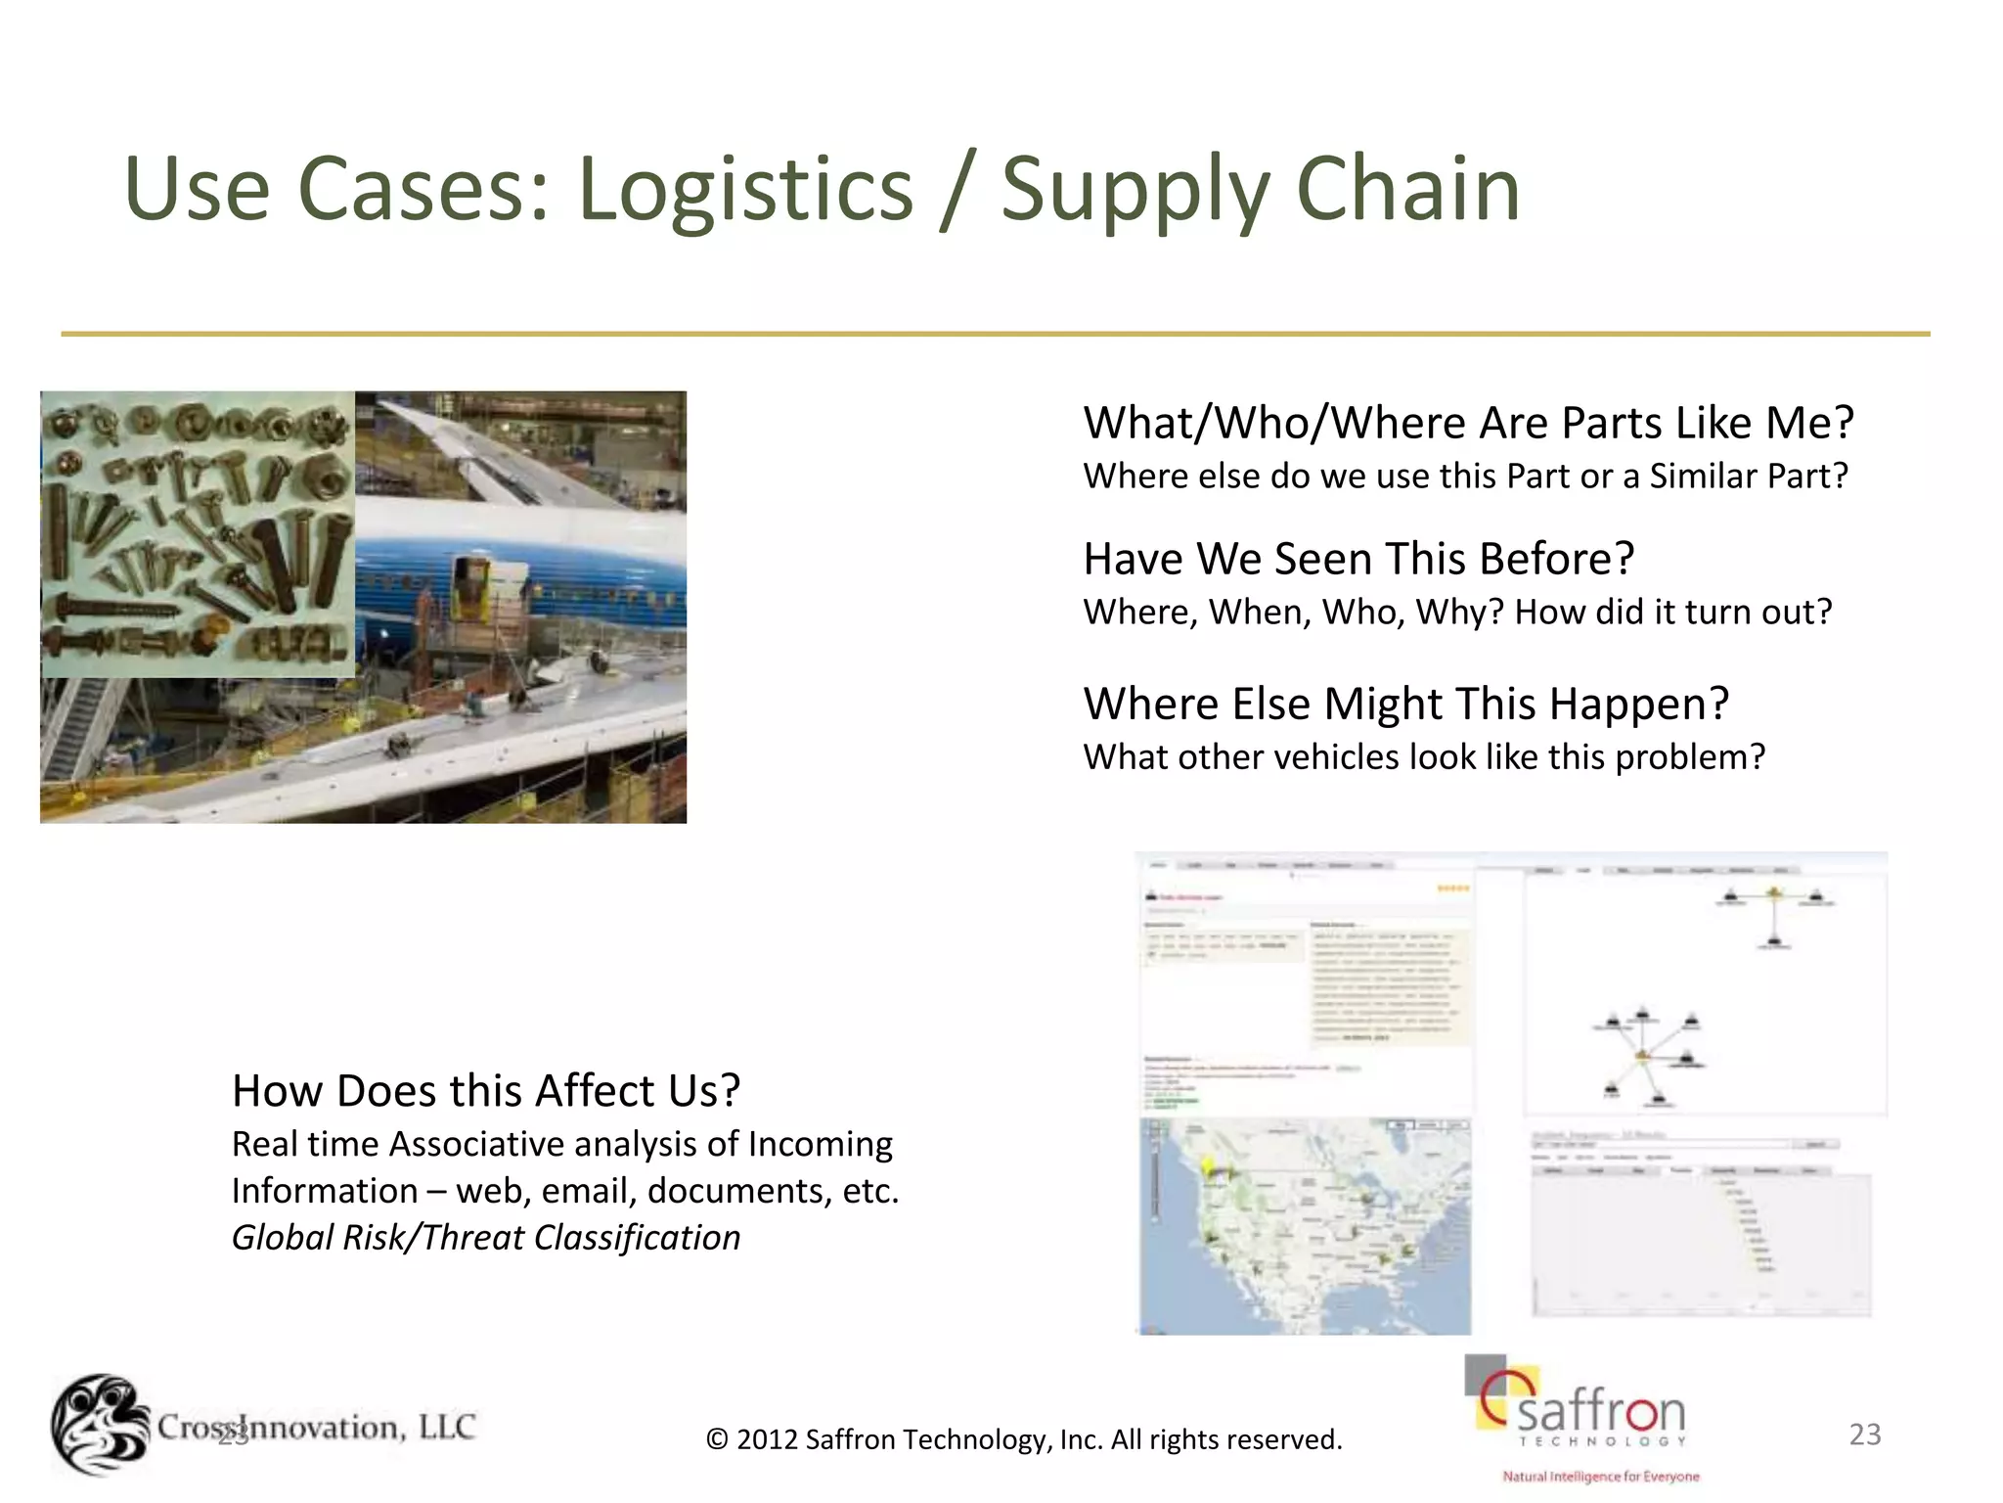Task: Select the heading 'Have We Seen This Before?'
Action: (1358, 559)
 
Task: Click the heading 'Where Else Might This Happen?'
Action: (1405, 704)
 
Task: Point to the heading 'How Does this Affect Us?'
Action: (486, 1090)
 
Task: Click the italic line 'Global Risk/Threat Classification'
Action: (486, 1238)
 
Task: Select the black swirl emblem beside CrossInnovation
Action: (100, 1425)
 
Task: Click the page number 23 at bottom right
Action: (1865, 1435)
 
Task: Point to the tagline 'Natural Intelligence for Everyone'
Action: (1601, 1477)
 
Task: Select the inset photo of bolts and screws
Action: (198, 534)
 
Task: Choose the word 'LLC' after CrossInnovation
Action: (446, 1427)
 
